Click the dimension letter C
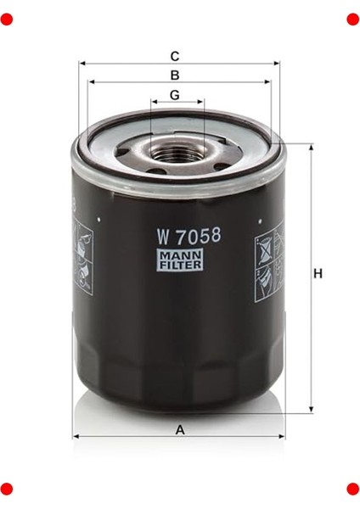click(x=175, y=56)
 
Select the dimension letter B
click(x=175, y=75)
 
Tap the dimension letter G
click(x=175, y=94)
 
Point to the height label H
click(x=318, y=274)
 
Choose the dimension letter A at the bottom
click(x=180, y=429)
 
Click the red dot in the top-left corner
click(x=8, y=18)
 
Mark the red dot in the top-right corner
click(x=352, y=18)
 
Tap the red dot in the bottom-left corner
click(x=8, y=489)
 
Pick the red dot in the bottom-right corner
click(x=352, y=489)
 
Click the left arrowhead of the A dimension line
click(x=76, y=437)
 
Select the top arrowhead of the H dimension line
click(x=312, y=147)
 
